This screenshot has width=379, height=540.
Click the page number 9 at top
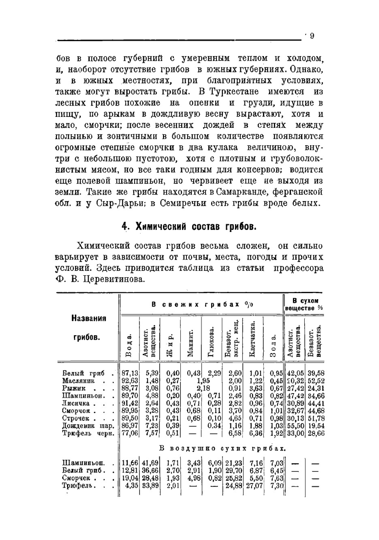(312, 36)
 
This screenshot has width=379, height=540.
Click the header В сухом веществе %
(304, 304)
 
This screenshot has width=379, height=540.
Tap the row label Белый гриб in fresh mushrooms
(84, 373)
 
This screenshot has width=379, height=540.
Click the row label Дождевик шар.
(88, 426)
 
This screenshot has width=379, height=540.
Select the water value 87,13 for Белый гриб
(129, 373)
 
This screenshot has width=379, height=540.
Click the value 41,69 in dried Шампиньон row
(150, 463)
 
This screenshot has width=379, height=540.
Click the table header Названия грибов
(89, 328)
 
